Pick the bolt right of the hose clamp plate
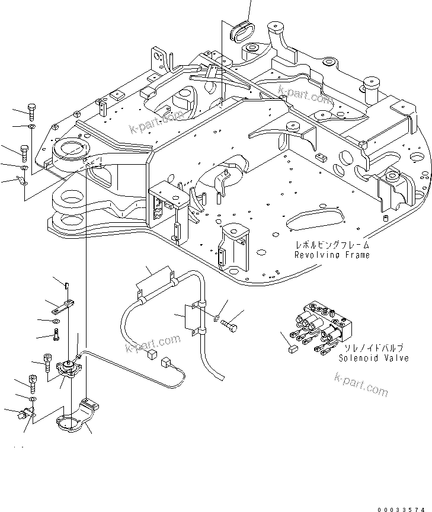(x=231, y=325)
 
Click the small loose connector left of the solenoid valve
(x=291, y=350)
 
